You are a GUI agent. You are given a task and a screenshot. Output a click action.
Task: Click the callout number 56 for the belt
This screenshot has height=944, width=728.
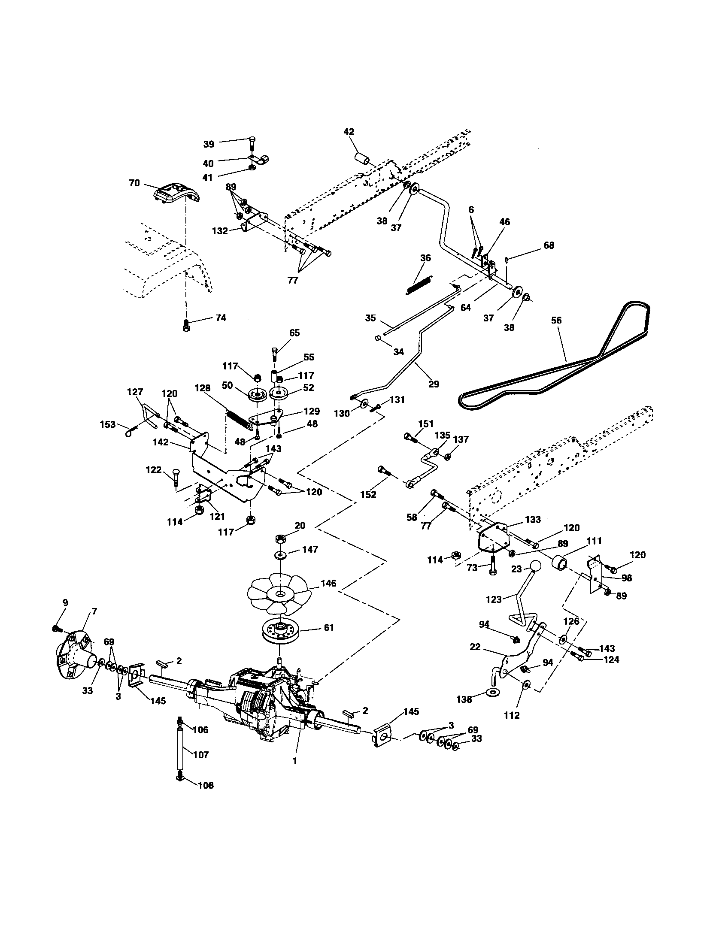pos(556,320)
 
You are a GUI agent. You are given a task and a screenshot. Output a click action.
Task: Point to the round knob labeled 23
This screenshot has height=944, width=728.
pos(535,566)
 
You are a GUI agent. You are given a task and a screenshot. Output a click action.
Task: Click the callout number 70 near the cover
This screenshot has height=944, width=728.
pos(134,183)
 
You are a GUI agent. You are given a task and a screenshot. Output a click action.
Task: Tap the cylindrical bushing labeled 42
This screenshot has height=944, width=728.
pos(362,158)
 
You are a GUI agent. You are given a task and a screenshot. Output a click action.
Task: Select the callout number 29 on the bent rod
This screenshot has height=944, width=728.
pos(433,384)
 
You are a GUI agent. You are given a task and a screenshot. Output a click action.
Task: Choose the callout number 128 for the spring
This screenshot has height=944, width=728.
pos(202,389)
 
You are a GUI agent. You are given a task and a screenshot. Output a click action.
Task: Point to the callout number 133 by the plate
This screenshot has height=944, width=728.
pos(532,520)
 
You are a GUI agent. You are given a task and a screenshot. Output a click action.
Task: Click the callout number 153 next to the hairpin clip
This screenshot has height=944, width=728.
pos(108,424)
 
